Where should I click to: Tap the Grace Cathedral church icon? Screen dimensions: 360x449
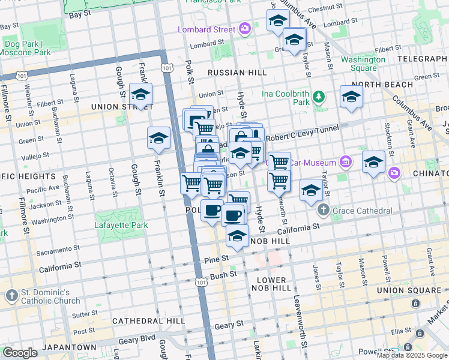pyautogui.click(x=324, y=210)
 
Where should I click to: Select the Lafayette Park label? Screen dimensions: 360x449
pyautogui.click(x=121, y=226)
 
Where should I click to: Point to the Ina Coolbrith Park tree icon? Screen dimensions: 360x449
pyautogui.click(x=319, y=96)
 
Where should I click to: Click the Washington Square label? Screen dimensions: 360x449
pyautogui.click(x=363, y=64)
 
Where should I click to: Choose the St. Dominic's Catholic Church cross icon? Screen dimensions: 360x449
pyautogui.click(x=11, y=295)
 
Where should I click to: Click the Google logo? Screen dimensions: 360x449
pyautogui.click(x=20, y=353)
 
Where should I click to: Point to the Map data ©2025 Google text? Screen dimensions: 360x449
pyautogui.click(x=412, y=355)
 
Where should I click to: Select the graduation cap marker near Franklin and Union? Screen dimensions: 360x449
pyautogui.click(x=140, y=94)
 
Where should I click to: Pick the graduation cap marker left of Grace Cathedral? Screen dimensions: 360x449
pyautogui.click(x=310, y=190)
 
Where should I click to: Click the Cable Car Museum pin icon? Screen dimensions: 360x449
pyautogui.click(x=345, y=162)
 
